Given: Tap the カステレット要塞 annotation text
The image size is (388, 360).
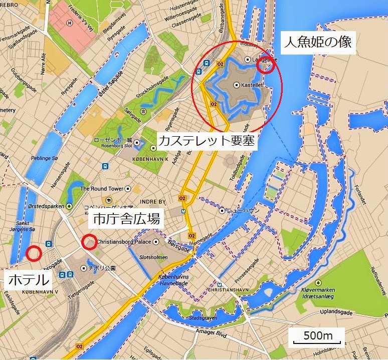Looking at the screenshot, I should [207, 141].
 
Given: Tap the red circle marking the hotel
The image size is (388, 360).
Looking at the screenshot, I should [34, 253].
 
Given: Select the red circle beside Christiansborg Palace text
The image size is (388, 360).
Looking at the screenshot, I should [89, 241].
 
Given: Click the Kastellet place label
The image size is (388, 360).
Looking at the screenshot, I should [252, 86].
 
